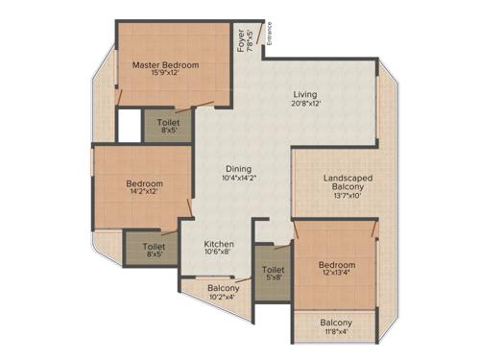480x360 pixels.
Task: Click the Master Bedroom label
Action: [x=165, y=65]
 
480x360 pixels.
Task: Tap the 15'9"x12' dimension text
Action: [x=165, y=76]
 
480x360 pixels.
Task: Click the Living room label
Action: [x=305, y=94]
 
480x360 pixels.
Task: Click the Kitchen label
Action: [x=219, y=245]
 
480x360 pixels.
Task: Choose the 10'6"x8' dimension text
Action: [x=219, y=254]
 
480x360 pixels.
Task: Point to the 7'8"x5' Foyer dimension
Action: [x=252, y=41]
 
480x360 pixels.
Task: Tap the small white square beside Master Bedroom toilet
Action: [x=130, y=125]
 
